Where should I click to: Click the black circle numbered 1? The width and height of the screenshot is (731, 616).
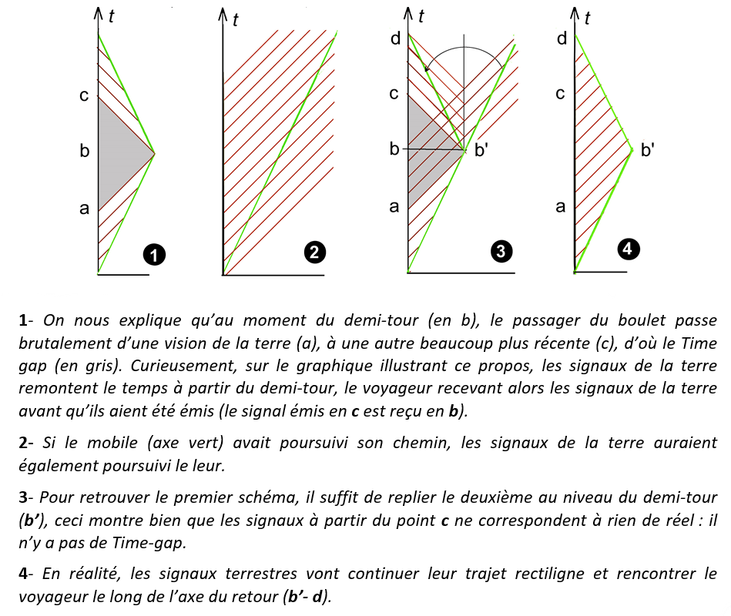coord(156,254)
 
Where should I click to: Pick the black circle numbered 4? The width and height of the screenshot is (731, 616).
coord(629,248)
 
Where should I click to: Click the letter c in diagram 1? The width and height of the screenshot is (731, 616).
coord(84,96)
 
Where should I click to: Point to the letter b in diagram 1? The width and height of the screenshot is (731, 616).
coord(84,152)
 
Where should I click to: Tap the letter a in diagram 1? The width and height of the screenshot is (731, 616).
coord(84,208)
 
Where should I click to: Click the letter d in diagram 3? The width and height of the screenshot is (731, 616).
coord(394,38)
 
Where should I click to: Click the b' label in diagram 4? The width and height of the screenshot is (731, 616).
coord(648,150)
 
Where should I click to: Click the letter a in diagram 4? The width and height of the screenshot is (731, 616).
coord(560,206)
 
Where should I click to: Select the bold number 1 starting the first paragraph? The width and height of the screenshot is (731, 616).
coord(25,320)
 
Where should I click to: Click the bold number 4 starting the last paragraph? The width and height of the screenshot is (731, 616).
coord(25,574)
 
